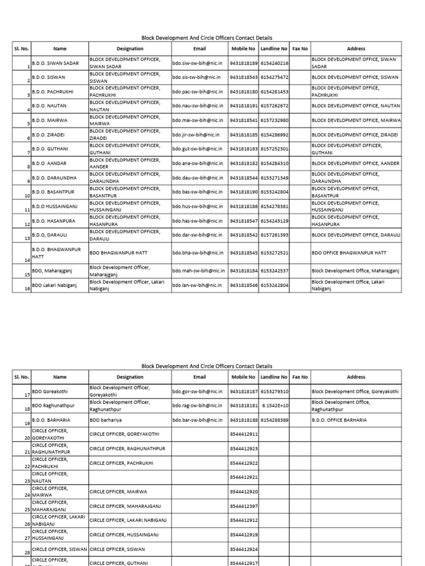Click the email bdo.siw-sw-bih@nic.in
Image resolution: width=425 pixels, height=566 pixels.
coord(198,63)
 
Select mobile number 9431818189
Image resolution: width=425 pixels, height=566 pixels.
coord(243,63)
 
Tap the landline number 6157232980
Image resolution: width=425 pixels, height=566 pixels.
coord(274,120)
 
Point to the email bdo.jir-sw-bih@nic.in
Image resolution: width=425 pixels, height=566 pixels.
coord(196,134)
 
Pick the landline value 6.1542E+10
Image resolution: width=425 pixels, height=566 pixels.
coord(274,406)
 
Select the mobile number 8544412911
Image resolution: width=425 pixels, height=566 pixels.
coord(243,434)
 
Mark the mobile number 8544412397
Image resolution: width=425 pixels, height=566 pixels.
coord(243,506)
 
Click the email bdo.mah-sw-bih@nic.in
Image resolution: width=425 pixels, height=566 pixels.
coord(199,271)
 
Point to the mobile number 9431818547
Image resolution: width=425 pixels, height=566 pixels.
coord(243,221)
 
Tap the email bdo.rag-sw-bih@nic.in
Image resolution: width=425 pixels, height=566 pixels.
coord(198,406)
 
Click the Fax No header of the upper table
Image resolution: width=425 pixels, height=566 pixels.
coord(300,49)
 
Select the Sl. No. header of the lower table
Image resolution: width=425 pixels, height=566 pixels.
coord(22,377)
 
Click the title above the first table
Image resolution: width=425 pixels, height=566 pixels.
coord(207,38)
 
